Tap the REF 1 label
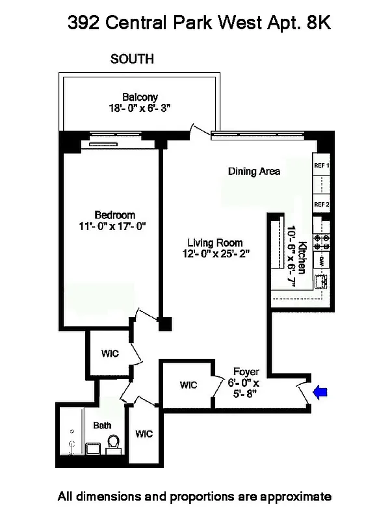coord(322,166)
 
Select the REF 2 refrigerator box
coord(322,204)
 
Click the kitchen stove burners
coord(322,242)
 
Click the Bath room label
coord(102,426)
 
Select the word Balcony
coord(140,97)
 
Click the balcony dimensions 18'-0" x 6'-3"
coord(140,109)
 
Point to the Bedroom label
coord(114,215)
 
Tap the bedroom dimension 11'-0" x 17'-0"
coord(114,227)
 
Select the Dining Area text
coord(254,172)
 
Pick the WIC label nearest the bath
coord(144,434)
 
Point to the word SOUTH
coord(132,59)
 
